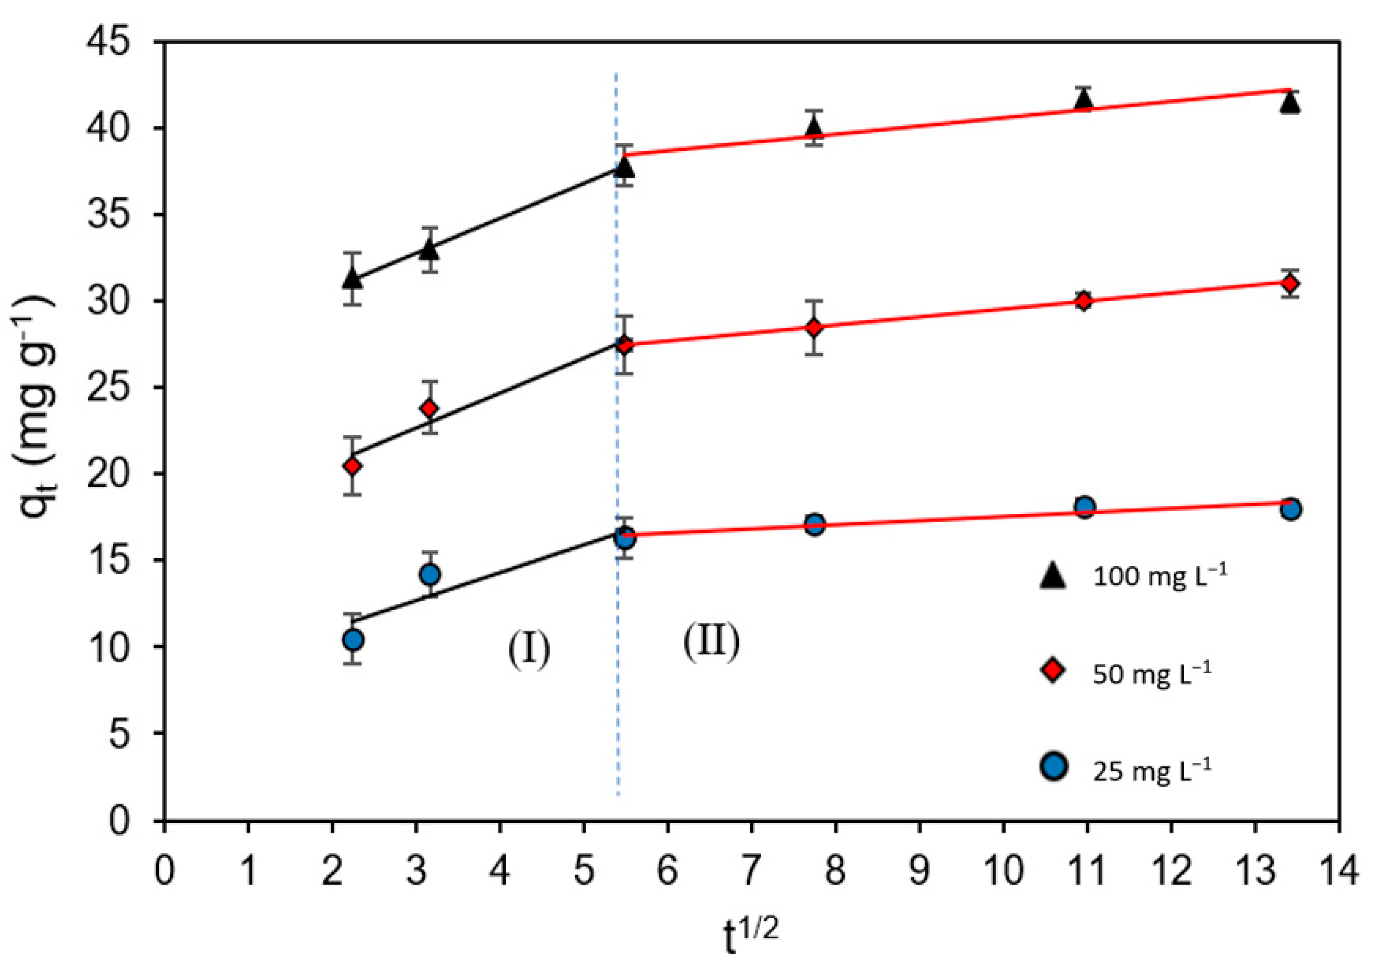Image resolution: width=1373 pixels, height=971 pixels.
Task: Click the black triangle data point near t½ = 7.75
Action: pyautogui.click(x=814, y=126)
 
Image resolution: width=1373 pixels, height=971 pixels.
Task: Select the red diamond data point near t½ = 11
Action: pyautogui.click(x=1083, y=301)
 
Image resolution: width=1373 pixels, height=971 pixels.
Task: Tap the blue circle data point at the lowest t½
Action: pyautogui.click(x=354, y=640)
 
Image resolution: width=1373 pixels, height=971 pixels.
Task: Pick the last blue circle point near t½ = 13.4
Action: pyautogui.click(x=1291, y=509)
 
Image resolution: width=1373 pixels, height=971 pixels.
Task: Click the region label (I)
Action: pyautogui.click(x=529, y=650)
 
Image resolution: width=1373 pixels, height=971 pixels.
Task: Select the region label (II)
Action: pyautogui.click(x=711, y=642)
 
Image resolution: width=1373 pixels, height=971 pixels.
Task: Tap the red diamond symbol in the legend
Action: pyautogui.click(x=1053, y=672)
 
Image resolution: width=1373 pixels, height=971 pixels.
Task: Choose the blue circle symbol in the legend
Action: pyautogui.click(x=1053, y=768)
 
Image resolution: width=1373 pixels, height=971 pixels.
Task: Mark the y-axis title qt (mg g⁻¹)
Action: pyautogui.click(x=37, y=419)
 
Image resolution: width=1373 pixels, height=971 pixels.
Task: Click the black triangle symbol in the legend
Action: pyautogui.click(x=1053, y=577)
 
